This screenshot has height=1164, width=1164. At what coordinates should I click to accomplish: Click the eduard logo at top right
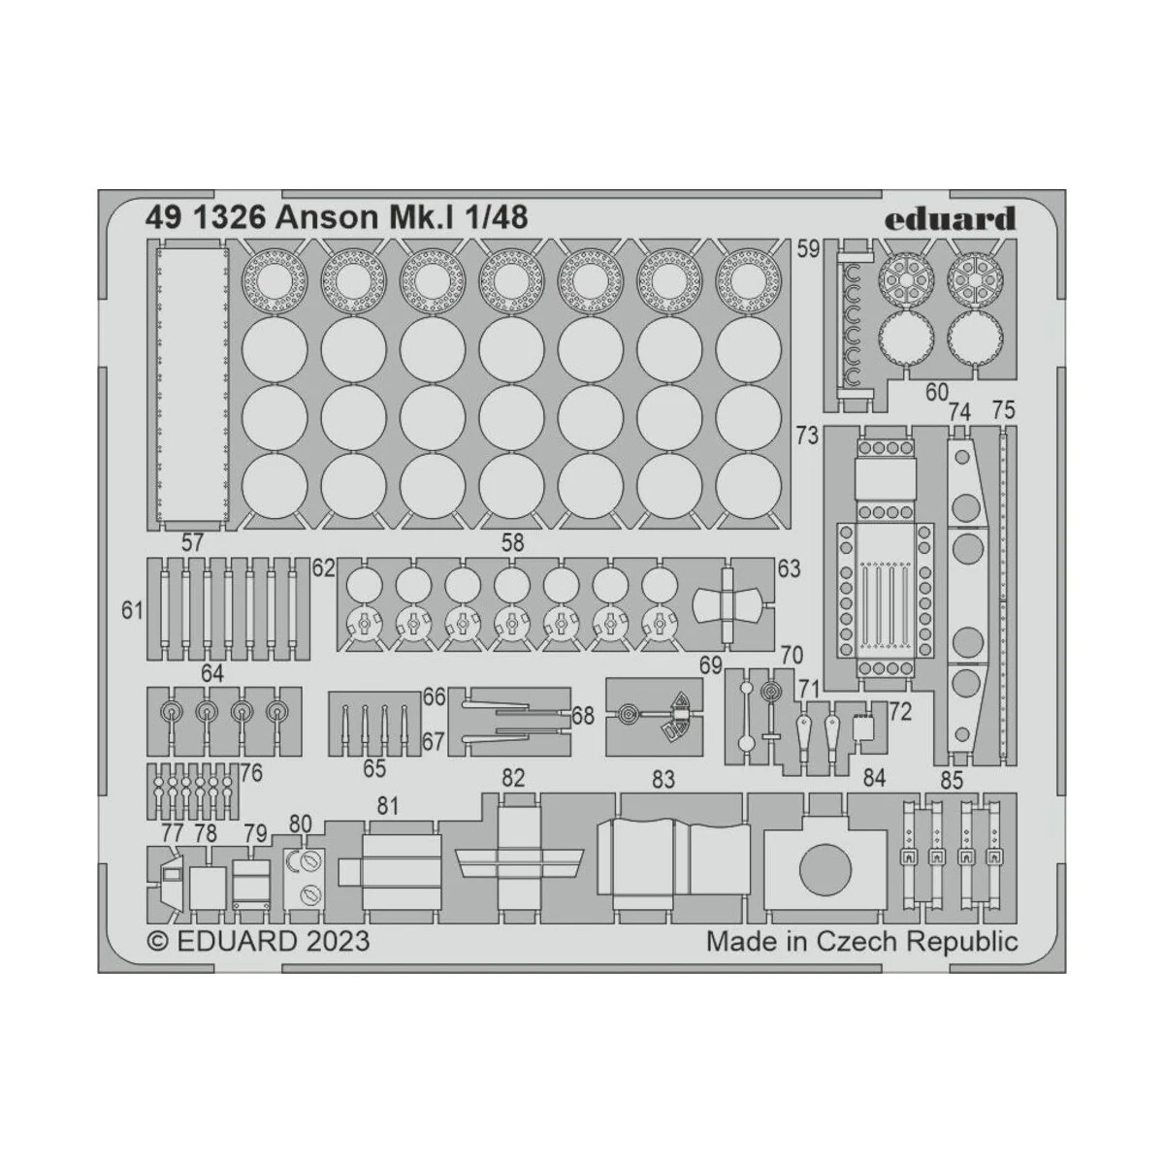(x=950, y=219)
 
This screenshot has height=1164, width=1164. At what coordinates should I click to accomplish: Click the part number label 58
(x=512, y=543)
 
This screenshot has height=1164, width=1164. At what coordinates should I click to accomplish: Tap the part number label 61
(x=133, y=611)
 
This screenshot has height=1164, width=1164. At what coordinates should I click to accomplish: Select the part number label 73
(x=807, y=436)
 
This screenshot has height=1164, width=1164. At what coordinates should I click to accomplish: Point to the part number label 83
(x=663, y=779)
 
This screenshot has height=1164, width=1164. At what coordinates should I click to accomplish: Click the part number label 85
(x=952, y=779)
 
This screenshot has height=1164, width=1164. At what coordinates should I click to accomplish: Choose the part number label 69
(x=711, y=664)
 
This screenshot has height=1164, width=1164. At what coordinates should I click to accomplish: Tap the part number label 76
(x=251, y=773)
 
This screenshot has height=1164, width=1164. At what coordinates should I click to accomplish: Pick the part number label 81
(x=388, y=804)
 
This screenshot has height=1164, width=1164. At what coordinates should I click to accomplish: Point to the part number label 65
(x=374, y=769)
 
